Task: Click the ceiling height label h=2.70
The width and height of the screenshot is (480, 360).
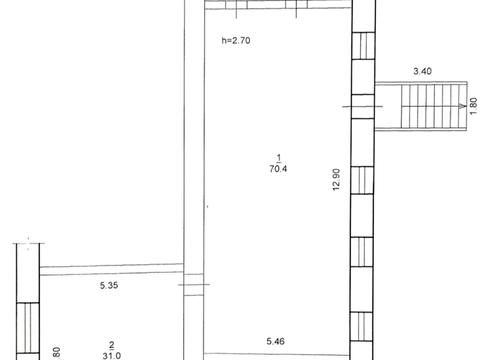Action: click(x=236, y=41)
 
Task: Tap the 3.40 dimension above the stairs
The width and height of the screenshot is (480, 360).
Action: click(x=422, y=71)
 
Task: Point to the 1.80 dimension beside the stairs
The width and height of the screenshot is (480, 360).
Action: click(x=473, y=106)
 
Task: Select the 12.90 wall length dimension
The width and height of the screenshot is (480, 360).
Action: click(x=337, y=179)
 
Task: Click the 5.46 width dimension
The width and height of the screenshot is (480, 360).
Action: click(x=276, y=341)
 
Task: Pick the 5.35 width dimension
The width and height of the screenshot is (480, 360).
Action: click(x=109, y=285)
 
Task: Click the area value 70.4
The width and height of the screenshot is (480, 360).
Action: click(x=278, y=169)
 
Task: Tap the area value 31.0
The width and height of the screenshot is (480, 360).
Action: click(x=112, y=356)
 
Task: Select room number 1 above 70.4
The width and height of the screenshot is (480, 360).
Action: click(x=279, y=157)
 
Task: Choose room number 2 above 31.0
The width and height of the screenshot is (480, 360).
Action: click(x=112, y=345)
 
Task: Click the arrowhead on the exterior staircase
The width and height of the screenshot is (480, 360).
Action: click(x=462, y=106)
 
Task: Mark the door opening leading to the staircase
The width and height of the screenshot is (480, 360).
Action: click(x=363, y=106)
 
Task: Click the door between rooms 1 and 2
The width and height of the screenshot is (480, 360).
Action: click(x=194, y=285)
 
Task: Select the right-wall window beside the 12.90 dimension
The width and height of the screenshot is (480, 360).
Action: click(x=362, y=180)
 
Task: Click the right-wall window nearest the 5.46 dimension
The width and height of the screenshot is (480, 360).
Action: click(x=361, y=327)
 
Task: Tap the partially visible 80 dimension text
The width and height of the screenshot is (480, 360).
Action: click(x=57, y=353)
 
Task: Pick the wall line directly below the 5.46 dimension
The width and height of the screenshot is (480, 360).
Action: click(x=277, y=355)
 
